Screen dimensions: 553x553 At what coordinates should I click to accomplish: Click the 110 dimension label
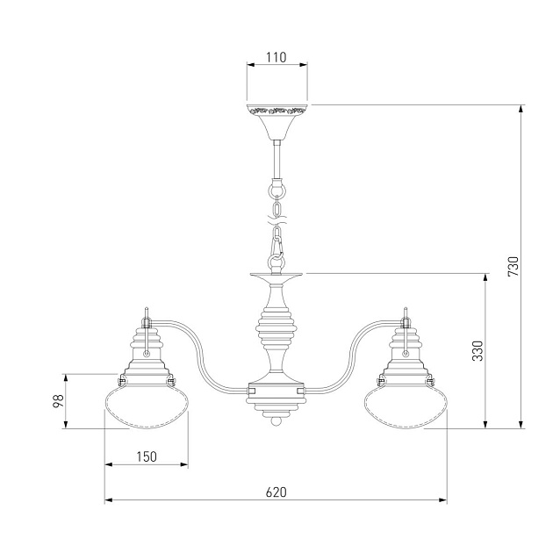point(276,57)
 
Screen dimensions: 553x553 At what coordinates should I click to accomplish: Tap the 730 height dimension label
point(513,266)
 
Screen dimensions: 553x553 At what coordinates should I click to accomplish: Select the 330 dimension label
point(478,350)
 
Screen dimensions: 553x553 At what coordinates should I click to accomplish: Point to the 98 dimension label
point(58,401)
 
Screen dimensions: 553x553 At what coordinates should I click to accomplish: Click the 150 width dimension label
point(147,456)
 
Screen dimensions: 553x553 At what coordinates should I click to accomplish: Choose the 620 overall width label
point(276,492)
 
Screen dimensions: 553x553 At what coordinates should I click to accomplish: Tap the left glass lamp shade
point(147,406)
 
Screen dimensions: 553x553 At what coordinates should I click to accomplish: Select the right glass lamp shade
point(406,406)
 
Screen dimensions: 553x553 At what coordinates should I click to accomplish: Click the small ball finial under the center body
point(276,421)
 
